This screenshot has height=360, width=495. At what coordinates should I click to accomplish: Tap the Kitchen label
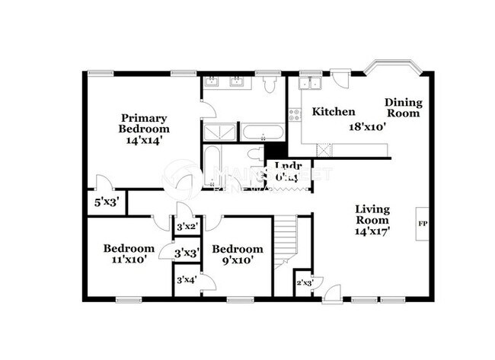(x=334, y=112)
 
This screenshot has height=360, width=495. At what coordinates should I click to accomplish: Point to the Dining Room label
(x=403, y=108)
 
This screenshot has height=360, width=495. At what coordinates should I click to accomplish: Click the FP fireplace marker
(x=422, y=224)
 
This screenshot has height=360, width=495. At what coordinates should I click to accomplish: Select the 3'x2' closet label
(x=186, y=226)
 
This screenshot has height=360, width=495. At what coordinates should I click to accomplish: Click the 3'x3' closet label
(x=186, y=253)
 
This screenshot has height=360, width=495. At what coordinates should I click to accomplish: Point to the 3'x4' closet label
(x=186, y=279)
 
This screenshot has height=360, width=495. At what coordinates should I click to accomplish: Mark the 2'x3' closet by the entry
(x=304, y=283)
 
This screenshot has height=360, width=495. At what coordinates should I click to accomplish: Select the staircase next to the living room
(x=285, y=237)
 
